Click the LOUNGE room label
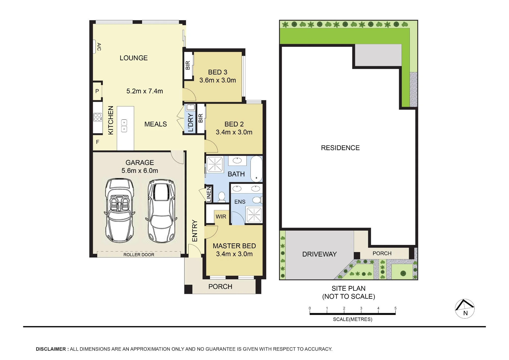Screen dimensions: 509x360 (134, 58)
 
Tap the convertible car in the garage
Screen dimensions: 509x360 (119, 210)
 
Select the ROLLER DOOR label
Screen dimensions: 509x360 (139, 255)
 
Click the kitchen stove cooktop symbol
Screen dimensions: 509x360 (97, 117)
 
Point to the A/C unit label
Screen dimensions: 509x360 (99, 47)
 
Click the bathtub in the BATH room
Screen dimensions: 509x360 (256, 169)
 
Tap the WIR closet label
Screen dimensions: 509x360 (221, 217)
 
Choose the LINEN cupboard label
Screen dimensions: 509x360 (209, 195)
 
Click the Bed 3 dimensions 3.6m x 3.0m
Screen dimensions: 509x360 (218, 80)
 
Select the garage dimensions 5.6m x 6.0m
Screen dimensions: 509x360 (140, 171)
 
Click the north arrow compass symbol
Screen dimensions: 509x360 (465, 309)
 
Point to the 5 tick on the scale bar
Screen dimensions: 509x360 (395, 310)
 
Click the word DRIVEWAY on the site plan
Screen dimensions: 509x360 (319, 254)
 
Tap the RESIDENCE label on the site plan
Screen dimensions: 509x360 (340, 148)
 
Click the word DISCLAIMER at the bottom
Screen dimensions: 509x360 (51, 349)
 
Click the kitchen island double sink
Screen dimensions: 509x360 (124, 126)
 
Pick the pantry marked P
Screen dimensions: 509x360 (97, 91)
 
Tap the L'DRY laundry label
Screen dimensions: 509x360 (190, 123)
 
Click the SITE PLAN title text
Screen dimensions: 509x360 (348, 288)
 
